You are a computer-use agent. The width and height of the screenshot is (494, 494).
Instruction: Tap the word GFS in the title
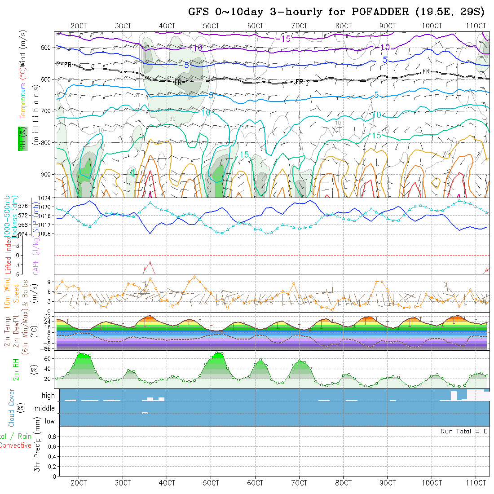(198, 12)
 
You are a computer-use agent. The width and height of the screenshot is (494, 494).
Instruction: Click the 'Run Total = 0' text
(464, 431)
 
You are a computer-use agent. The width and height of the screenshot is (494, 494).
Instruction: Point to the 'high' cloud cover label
(48, 396)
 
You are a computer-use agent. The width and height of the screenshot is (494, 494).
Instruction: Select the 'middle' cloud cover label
(45, 408)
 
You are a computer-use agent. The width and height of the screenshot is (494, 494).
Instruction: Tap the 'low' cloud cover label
(49, 421)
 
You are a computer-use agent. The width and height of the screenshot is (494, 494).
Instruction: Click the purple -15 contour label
(283, 39)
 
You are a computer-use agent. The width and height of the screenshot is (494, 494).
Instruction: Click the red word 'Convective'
(16, 445)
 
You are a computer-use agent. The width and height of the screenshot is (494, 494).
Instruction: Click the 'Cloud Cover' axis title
(12, 408)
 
